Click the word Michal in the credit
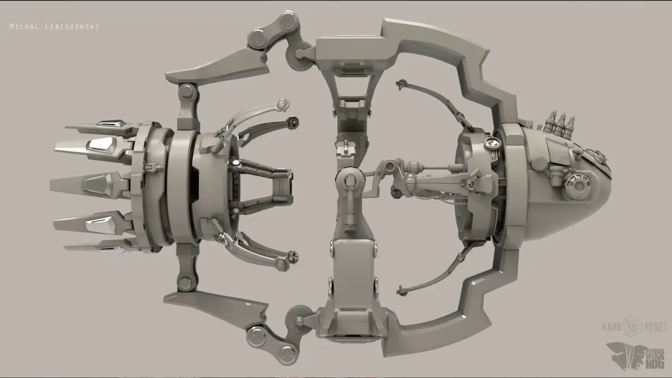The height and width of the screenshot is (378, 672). tap(24, 27)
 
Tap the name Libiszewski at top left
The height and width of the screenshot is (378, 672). tap(72, 27)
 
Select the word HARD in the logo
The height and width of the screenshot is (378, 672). tap(612, 327)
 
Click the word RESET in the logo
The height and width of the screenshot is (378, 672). tap(657, 327)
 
